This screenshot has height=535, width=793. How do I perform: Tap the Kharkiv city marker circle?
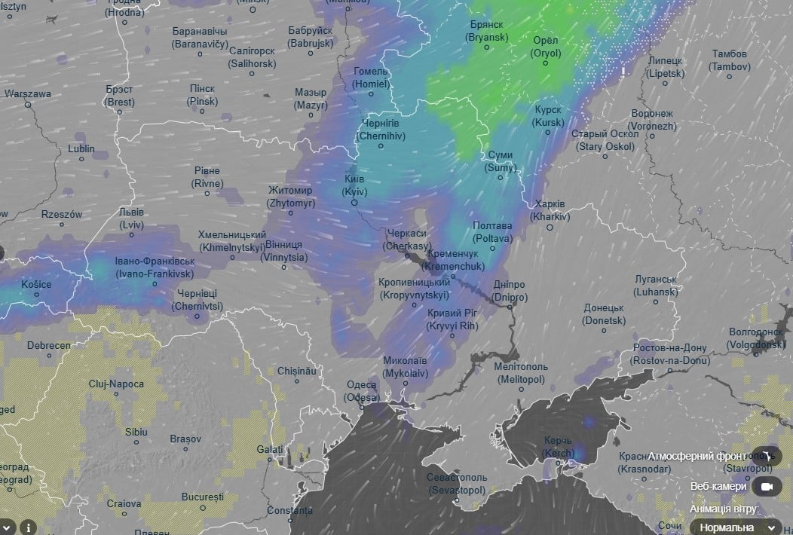(x=550, y=227)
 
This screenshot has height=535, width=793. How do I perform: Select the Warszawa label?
(x=28, y=94)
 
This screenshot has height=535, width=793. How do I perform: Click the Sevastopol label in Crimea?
(x=457, y=484)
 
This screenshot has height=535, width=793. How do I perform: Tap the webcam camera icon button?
(x=767, y=487)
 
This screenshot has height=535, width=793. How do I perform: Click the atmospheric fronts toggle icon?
(x=767, y=456)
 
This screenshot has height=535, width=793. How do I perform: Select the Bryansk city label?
(x=485, y=31)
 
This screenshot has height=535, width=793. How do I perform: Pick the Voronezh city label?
(x=653, y=120)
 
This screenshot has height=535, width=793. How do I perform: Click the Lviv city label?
(x=131, y=219)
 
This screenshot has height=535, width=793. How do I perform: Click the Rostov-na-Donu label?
(x=669, y=354)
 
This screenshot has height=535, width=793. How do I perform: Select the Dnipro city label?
(x=510, y=291)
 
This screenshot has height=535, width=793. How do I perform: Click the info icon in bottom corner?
(x=28, y=527)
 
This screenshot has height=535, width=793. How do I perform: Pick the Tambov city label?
(x=730, y=60)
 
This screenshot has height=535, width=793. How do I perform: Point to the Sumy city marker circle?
(x=500, y=179)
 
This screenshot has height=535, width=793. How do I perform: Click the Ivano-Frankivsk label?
(x=155, y=267)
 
